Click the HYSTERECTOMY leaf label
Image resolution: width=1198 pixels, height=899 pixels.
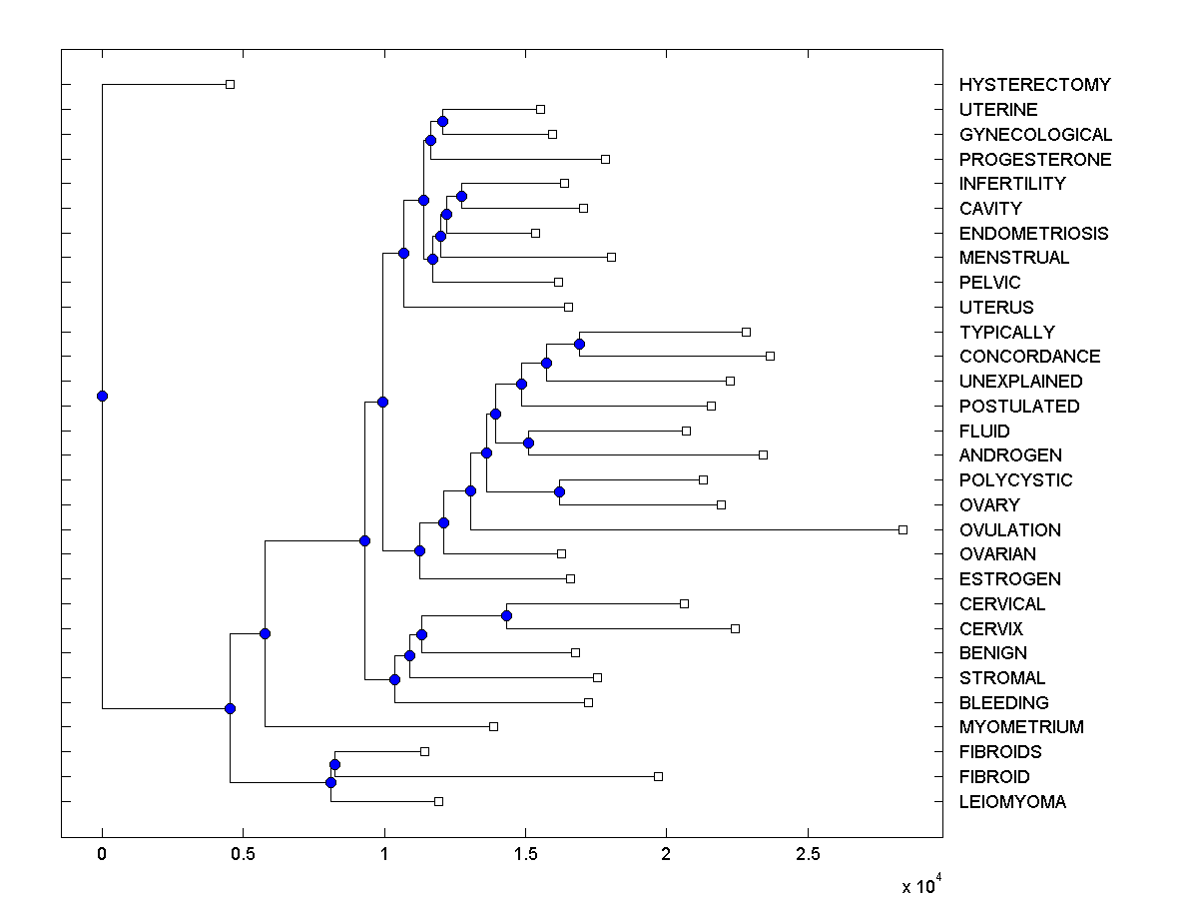(1034, 85)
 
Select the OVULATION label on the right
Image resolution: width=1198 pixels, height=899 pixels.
(1009, 529)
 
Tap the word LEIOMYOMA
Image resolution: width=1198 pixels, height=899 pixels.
(1011, 801)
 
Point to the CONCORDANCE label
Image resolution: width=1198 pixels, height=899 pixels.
(1029, 357)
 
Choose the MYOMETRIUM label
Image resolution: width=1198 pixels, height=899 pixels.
(1020, 727)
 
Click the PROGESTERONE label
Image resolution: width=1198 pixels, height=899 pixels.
(1034, 160)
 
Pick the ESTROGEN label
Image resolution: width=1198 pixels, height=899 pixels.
(1009, 579)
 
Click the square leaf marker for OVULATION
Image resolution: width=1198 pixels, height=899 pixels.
(902, 529)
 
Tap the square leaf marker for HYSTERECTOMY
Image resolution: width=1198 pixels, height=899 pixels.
(230, 85)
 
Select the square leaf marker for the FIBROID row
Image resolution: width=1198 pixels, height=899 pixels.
(658, 776)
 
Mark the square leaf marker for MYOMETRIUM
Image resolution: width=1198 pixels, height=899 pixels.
(493, 727)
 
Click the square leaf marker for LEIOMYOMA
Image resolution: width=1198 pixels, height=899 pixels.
(438, 801)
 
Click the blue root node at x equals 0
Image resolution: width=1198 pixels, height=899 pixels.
(102, 396)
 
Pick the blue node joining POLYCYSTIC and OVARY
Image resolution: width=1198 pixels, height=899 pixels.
(559, 491)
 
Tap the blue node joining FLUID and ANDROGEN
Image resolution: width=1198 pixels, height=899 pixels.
(528, 443)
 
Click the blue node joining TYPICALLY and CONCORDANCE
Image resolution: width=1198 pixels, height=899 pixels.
(579, 344)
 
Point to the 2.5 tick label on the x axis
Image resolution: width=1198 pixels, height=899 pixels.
(808, 854)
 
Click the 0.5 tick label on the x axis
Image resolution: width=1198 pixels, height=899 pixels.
(243, 854)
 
